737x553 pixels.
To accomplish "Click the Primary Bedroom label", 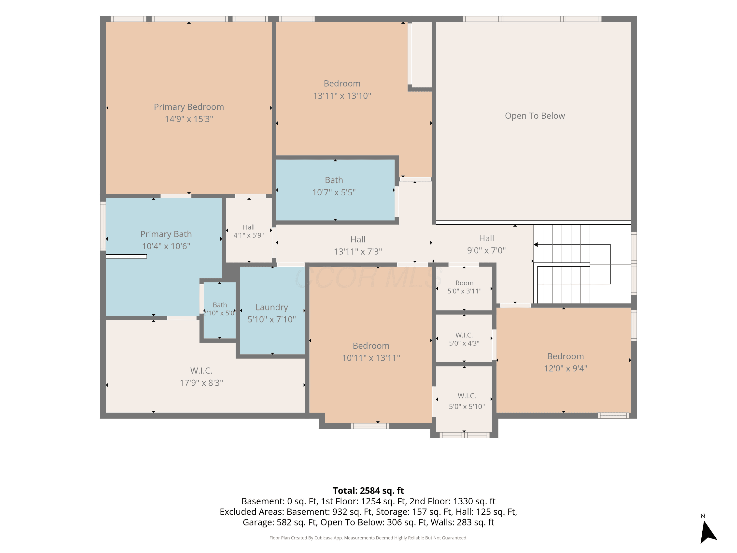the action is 189,107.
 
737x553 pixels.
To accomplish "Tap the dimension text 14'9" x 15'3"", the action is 189,119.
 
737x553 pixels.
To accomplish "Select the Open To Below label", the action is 535,116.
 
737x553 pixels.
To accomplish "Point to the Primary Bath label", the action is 166,234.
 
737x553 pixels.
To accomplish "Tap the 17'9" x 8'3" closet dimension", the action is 201,383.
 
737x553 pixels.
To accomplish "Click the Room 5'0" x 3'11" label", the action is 465,287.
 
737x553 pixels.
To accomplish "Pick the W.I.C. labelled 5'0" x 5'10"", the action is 467,401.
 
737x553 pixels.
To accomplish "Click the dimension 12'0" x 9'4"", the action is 566,368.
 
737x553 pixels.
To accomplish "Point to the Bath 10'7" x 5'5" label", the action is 334,186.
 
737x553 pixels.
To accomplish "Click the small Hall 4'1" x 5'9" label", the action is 249,231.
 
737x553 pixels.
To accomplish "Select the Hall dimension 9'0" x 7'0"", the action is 486,250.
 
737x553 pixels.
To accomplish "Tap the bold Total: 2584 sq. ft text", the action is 368,491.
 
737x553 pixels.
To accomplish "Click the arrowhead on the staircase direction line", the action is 536,245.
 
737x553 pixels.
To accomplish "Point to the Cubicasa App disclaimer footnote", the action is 368,538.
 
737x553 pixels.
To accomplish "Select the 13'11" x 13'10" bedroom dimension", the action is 342,96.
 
